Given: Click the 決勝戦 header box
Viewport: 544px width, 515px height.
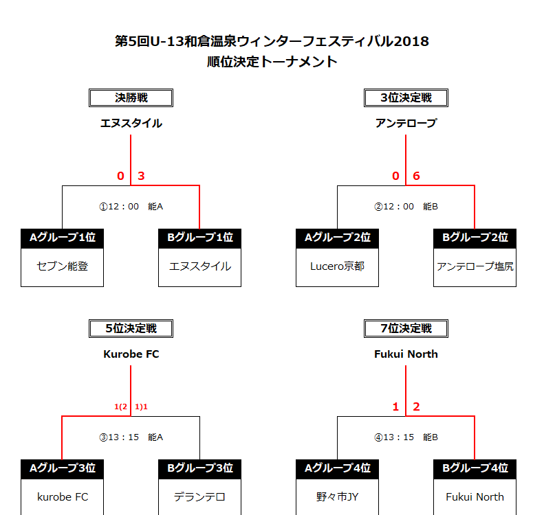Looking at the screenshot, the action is tap(131, 98).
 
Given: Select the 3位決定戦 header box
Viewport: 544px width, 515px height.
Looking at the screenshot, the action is tap(406, 98).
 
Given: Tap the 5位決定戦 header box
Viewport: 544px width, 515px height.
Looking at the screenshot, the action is tap(131, 328).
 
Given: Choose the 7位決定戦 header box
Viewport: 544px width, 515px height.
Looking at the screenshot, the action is tap(406, 328).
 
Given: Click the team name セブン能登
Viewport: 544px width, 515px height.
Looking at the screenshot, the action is tap(63, 266).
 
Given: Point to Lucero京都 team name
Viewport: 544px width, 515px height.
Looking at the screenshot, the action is tap(337, 266).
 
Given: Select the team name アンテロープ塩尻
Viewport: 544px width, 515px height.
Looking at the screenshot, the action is tap(475, 266).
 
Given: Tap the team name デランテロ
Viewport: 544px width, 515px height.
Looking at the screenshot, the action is tap(199, 497).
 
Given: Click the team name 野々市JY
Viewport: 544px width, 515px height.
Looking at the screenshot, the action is tap(337, 497).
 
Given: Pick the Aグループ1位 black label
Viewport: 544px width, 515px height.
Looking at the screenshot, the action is tap(63, 238).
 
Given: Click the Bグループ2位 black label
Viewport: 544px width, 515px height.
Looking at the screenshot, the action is tap(475, 238).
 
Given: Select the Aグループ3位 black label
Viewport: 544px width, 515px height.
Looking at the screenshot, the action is tap(63, 469).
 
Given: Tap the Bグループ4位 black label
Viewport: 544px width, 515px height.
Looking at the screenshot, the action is tap(475, 469).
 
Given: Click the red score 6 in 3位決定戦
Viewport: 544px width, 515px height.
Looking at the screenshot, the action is tap(416, 176).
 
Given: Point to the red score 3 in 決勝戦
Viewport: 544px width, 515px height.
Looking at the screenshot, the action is tap(141, 176).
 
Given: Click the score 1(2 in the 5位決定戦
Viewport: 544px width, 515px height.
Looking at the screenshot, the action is tap(121, 407).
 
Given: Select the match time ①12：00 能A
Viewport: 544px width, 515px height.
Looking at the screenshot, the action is tap(131, 207).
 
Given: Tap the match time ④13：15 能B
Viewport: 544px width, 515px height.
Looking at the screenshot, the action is tap(406, 437).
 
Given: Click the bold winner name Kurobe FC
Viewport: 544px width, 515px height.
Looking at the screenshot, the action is tap(131, 354).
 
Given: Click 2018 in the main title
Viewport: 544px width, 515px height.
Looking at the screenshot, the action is tap(411, 41).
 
